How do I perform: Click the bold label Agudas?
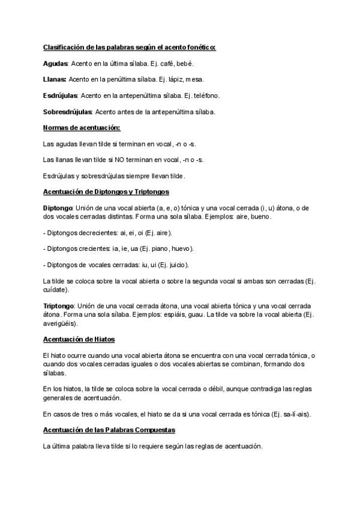click(x=56, y=63)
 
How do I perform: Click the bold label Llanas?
click(x=55, y=79)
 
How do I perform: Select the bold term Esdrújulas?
click(x=61, y=95)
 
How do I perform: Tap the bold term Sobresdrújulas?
click(x=67, y=112)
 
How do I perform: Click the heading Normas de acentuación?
click(x=82, y=127)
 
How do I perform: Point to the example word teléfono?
click(x=205, y=95)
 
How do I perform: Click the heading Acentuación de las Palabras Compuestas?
click(x=109, y=430)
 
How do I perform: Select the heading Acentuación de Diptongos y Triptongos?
click(x=106, y=192)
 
